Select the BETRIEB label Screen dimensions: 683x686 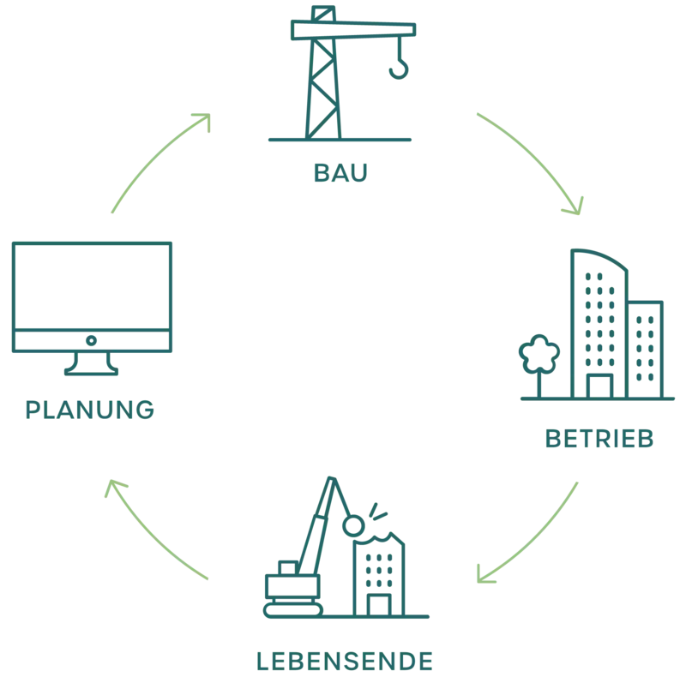coord(600,440)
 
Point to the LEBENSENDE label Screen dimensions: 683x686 coord(343,661)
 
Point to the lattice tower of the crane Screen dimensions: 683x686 coord(322,86)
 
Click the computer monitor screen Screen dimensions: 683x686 coord(92,285)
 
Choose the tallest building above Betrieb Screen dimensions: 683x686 coord(600,326)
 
